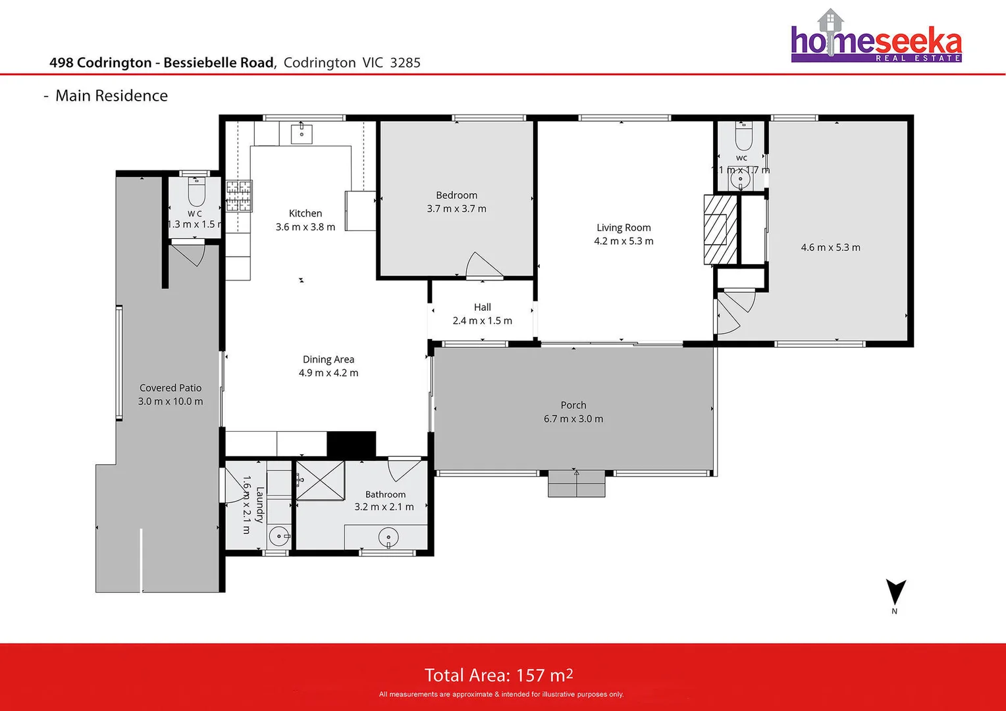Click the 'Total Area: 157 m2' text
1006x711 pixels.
pyautogui.click(x=498, y=675)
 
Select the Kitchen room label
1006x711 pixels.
pyautogui.click(x=305, y=213)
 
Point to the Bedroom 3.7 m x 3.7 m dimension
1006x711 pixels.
pyautogui.click(x=456, y=209)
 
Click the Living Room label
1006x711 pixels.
pyautogui.click(x=623, y=228)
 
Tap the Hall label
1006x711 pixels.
pyautogui.click(x=482, y=307)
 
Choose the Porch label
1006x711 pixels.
pyautogui.click(x=573, y=406)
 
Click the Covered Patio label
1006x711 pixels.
pyautogui.click(x=171, y=388)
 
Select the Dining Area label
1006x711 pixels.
pyautogui.click(x=328, y=359)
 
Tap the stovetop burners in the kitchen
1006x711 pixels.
pyautogui.click(x=239, y=196)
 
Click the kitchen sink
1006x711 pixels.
pyautogui.click(x=302, y=134)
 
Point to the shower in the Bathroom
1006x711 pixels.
pyautogui.click(x=320, y=481)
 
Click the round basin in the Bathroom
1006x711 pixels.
pyautogui.click(x=388, y=538)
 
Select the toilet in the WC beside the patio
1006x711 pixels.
pyautogui.click(x=197, y=192)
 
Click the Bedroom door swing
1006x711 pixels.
pyautogui.click(x=482, y=265)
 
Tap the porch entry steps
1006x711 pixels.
pyautogui.click(x=576, y=485)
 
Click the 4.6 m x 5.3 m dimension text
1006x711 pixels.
pyautogui.click(x=830, y=248)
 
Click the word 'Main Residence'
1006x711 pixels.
pyautogui.click(x=111, y=95)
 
